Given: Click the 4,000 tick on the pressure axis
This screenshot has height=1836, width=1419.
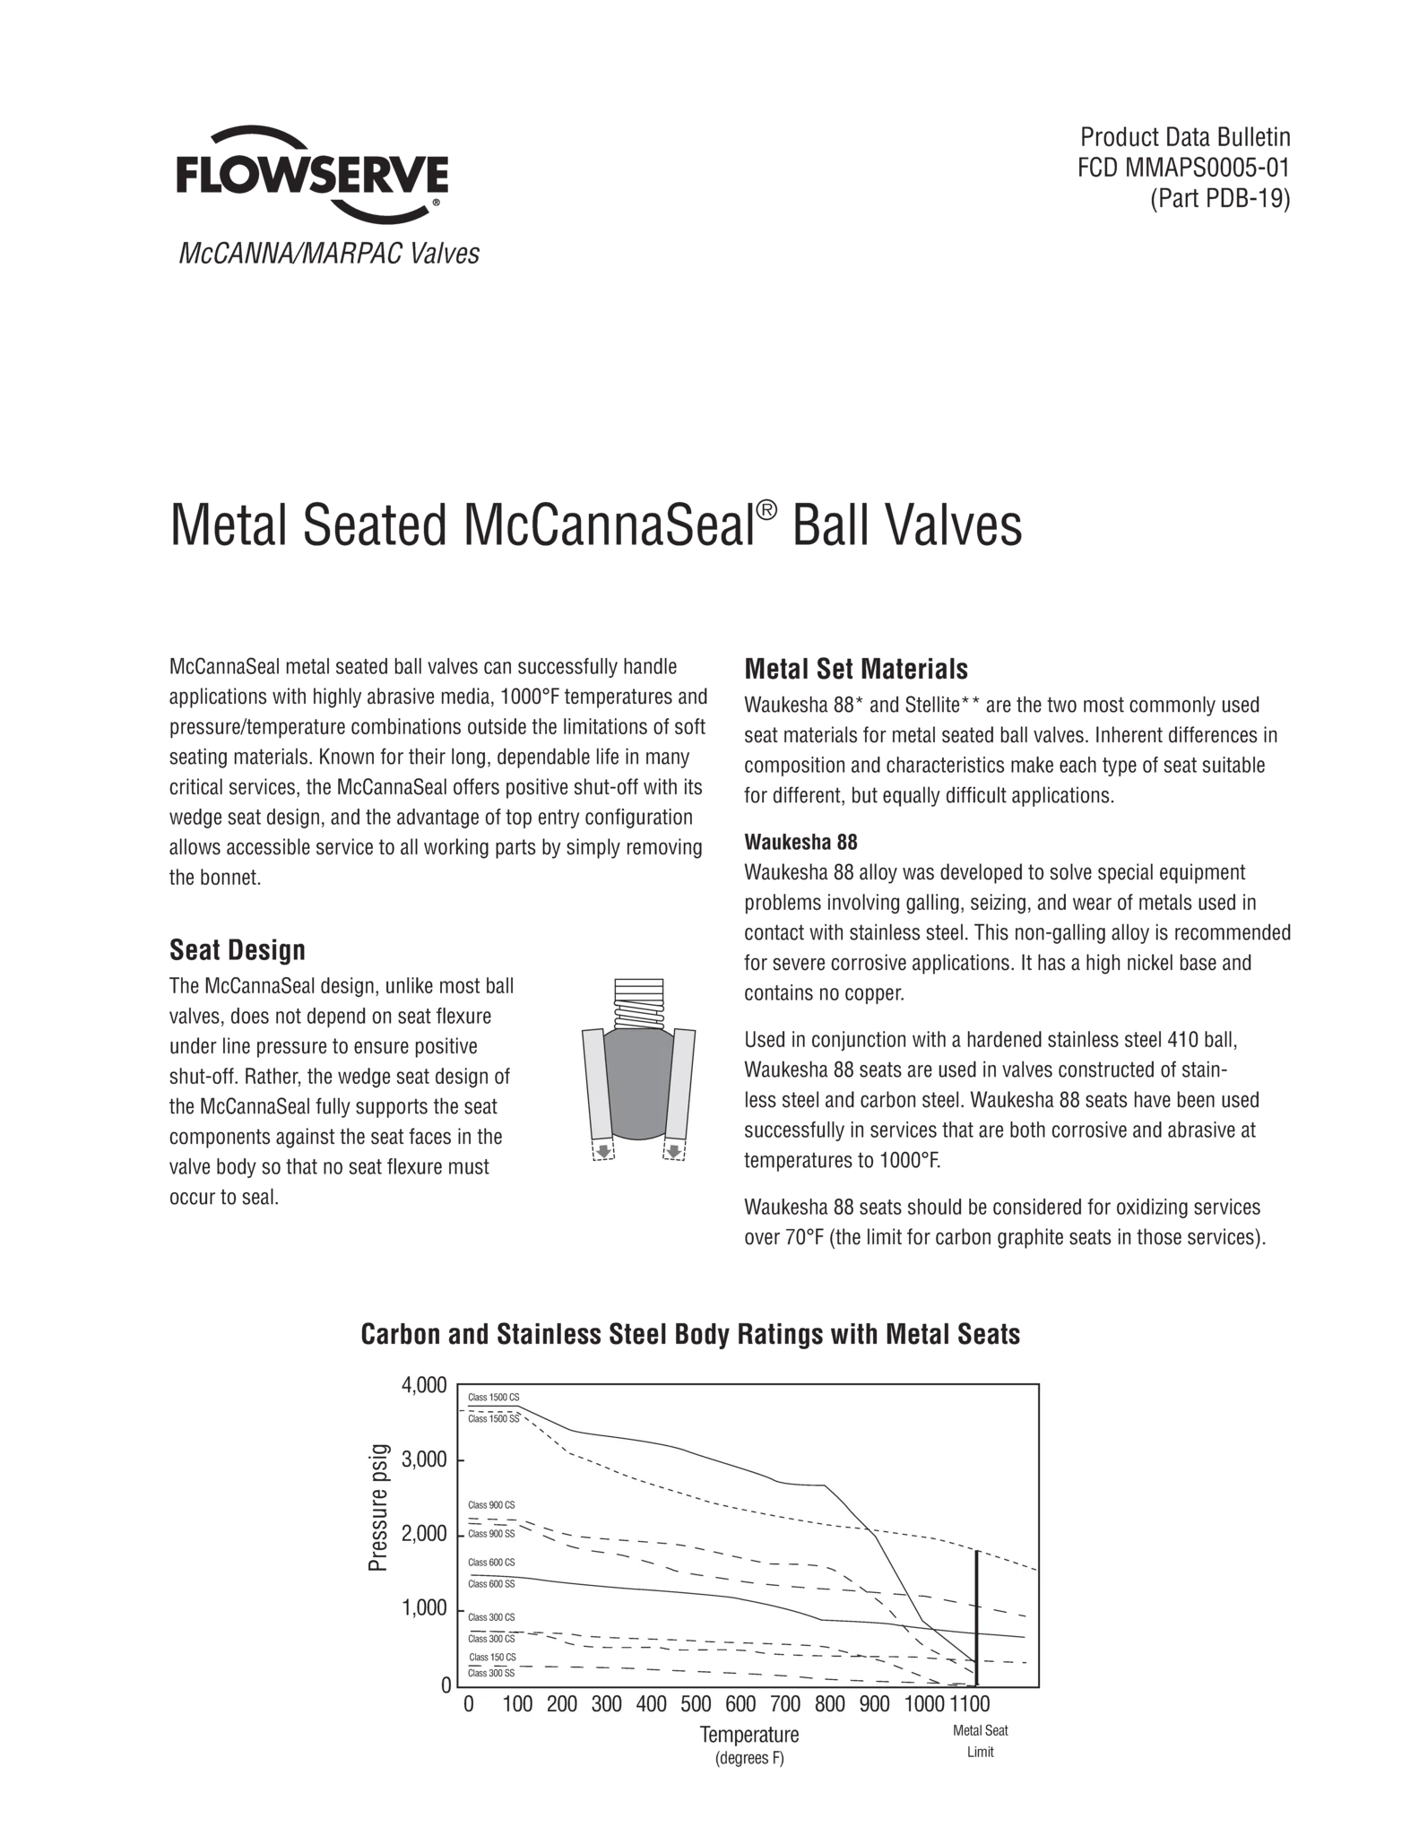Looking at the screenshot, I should [424, 1386].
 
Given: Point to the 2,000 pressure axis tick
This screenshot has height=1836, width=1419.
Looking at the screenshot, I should [424, 1535].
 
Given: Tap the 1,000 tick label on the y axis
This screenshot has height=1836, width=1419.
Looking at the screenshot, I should [424, 1609].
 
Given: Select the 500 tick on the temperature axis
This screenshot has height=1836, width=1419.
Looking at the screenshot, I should [696, 1704].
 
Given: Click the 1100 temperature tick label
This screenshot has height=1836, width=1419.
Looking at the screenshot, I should [969, 1704].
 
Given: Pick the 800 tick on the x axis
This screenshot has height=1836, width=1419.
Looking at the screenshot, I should [830, 1704].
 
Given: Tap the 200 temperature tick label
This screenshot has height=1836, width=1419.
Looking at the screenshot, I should [562, 1704].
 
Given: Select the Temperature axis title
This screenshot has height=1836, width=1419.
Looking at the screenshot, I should [749, 1735].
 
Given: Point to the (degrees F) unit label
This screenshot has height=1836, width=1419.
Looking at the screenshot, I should [749, 1759].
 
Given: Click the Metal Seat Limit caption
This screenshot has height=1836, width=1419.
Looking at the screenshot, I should [981, 1741].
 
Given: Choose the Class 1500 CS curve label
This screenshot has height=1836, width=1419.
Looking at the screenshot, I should [493, 1398].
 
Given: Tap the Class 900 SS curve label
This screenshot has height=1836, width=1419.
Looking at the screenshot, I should [491, 1534].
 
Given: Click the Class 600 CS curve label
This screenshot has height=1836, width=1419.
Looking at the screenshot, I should [491, 1563].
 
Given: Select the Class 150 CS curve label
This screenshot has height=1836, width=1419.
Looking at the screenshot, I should [492, 1658].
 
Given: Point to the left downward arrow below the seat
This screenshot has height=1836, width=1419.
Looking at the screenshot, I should [604, 1151].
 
